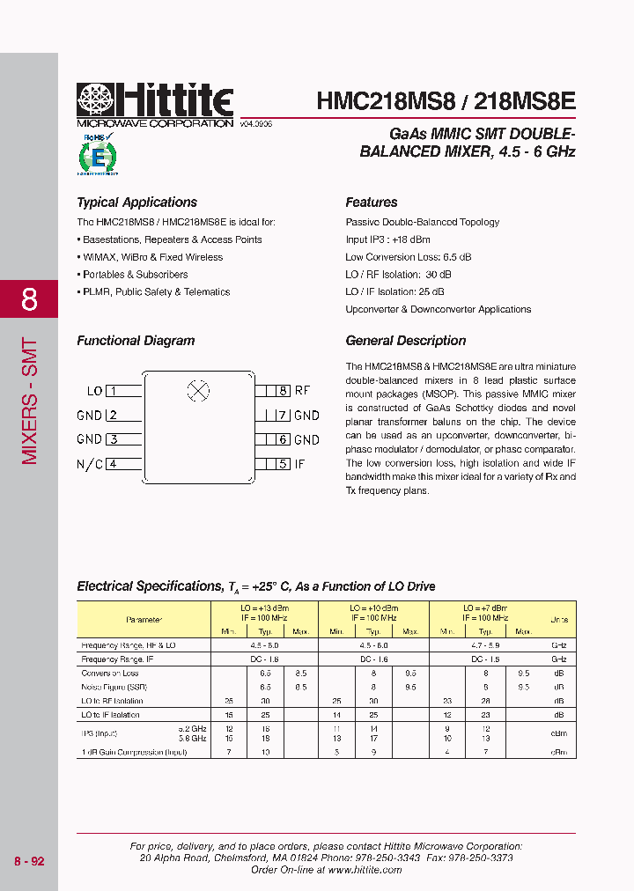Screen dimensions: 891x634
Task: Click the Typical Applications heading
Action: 136,202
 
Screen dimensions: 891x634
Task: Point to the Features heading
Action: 372,202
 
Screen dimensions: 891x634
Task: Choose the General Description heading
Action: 406,341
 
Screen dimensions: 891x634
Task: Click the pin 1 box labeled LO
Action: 124,391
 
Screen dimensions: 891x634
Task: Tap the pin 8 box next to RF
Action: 277,391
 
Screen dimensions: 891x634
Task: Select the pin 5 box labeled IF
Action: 277,464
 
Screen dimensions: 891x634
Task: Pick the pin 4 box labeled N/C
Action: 124,464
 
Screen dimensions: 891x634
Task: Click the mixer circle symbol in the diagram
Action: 199,392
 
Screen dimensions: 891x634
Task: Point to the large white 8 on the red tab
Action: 29,299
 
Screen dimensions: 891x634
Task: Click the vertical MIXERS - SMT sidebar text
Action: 29,401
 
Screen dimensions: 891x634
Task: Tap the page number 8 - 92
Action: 29,861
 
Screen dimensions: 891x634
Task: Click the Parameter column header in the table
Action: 144,620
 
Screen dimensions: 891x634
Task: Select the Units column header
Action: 559,620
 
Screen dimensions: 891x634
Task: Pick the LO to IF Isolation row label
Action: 110,715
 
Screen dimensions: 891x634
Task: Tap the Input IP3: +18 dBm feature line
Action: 388,239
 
